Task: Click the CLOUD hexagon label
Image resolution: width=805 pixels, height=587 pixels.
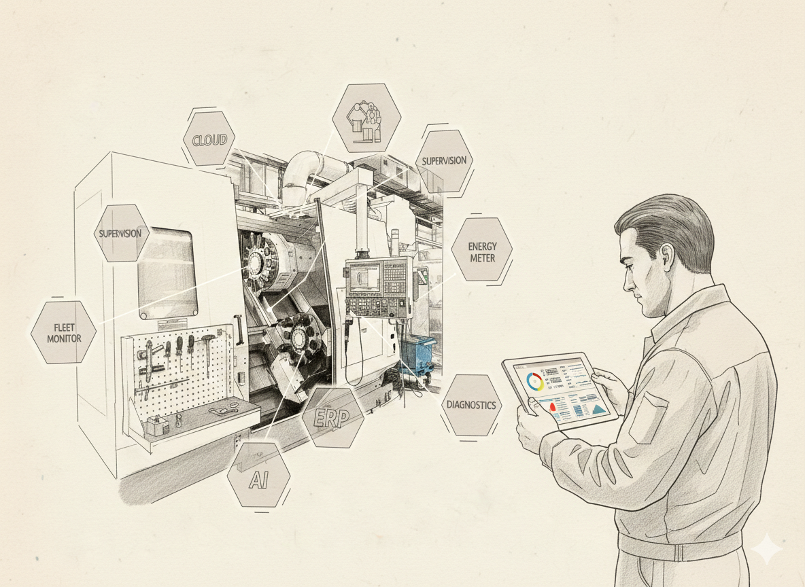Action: tap(209, 140)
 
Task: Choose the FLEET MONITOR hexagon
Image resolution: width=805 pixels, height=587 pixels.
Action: tap(63, 332)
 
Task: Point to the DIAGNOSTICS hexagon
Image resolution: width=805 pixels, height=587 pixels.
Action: tap(472, 405)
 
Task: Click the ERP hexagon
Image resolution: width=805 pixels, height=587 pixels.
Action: tap(332, 417)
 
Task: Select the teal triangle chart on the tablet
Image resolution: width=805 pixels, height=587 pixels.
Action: tap(598, 408)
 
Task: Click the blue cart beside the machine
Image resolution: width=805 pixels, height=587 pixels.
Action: tap(416, 355)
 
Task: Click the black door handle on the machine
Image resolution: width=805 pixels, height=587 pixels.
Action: tap(238, 328)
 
